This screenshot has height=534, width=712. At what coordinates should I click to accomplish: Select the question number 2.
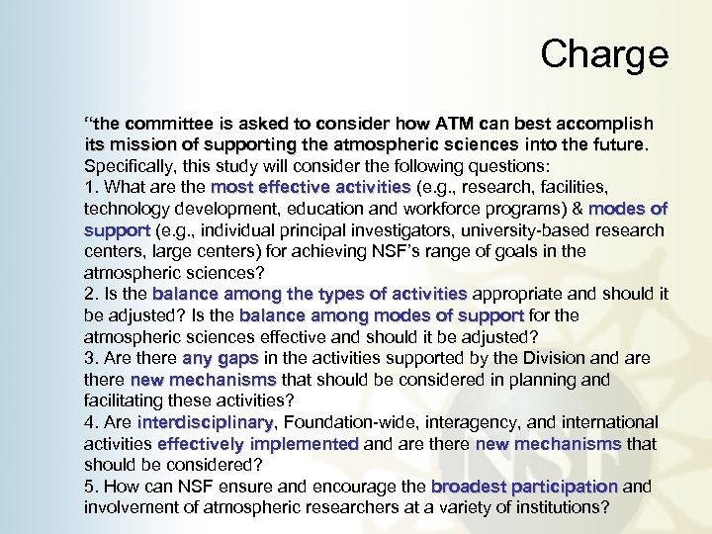point(90,294)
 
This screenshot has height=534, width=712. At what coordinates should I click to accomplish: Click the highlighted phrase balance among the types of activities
point(310,294)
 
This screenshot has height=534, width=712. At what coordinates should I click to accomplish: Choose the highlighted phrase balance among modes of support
point(382,315)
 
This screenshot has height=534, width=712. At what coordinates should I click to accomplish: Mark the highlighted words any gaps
point(220,358)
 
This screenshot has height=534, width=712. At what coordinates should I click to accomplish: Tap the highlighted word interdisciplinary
point(206,422)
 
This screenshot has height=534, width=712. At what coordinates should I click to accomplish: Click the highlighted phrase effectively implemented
point(258,444)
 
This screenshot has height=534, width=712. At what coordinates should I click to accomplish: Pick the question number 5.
point(90,487)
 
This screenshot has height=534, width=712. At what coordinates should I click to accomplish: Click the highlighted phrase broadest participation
point(524,487)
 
